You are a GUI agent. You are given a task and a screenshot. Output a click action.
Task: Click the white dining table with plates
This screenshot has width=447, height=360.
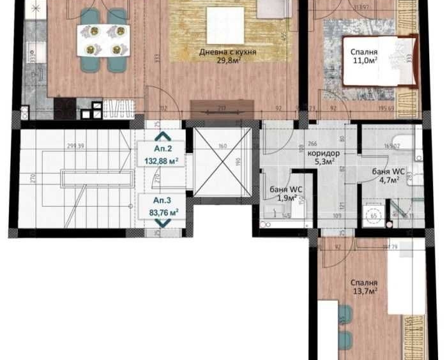(103, 40)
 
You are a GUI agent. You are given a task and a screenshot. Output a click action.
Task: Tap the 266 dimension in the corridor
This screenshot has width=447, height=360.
(312, 144)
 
